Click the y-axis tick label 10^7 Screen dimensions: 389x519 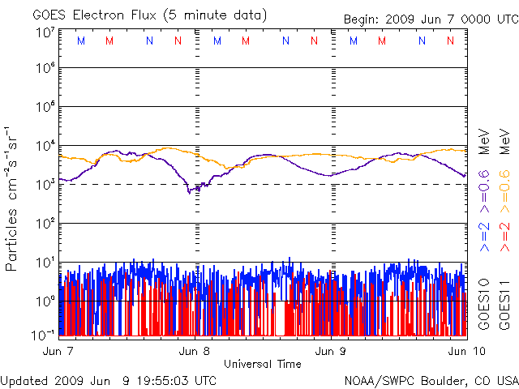[x=45, y=32]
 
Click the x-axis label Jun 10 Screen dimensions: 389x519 [x=461, y=351]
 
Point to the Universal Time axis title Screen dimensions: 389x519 [x=263, y=364]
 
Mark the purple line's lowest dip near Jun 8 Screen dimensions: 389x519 [x=190, y=192]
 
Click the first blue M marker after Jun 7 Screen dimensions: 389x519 [x=80, y=41]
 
